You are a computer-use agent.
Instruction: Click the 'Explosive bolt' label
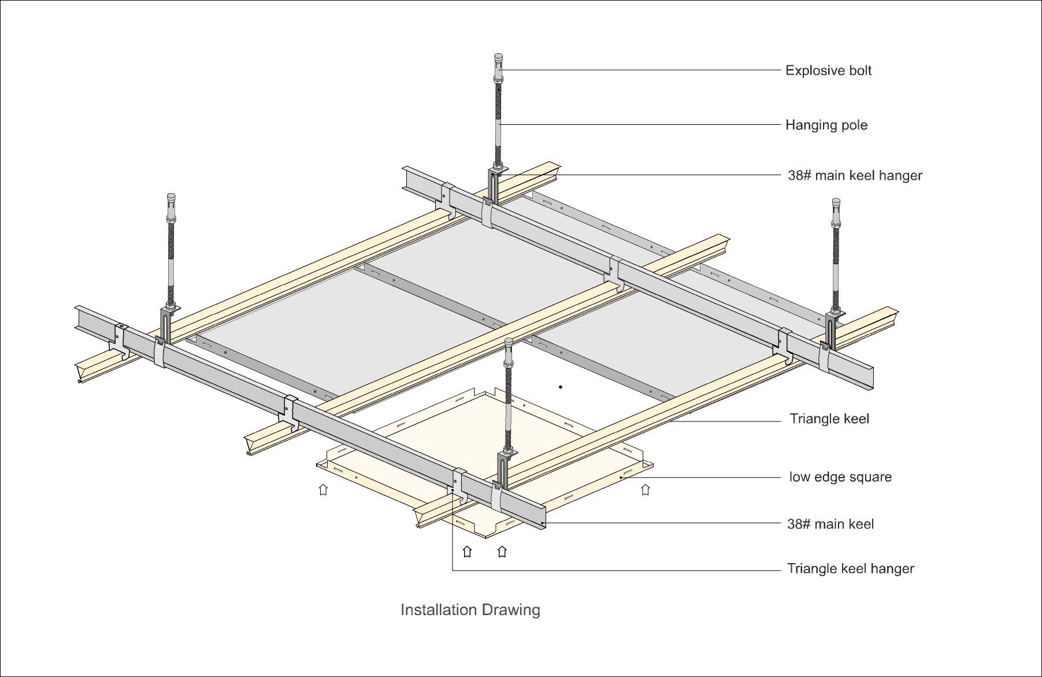tap(828, 71)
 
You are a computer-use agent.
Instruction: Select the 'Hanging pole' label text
tap(826, 125)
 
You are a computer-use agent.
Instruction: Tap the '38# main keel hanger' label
tap(855, 175)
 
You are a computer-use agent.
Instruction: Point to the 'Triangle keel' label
tap(829, 419)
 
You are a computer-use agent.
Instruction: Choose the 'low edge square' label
tap(840, 477)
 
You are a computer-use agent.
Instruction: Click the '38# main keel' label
tap(830, 524)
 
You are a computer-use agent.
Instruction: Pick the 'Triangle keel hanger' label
tap(850, 568)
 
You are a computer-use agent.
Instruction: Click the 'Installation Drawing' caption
tap(470, 609)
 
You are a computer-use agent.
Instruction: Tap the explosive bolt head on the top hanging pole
tap(498, 60)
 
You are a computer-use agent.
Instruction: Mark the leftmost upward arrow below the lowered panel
tap(323, 490)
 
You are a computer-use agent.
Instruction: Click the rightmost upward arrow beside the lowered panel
tap(645, 490)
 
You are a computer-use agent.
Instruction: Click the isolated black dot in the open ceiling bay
tap(560, 387)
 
